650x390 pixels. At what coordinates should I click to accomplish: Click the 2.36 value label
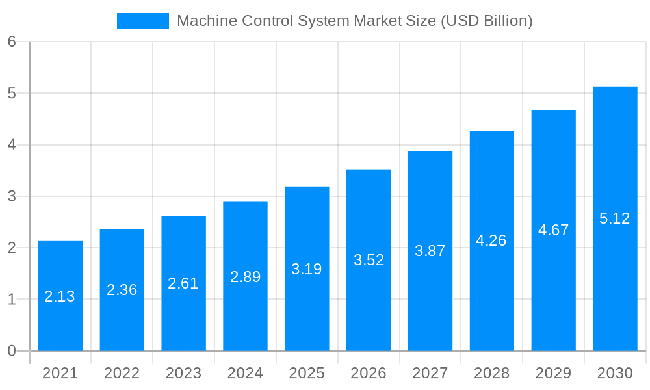pos(122,290)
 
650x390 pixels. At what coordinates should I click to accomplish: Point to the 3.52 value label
pos(369,260)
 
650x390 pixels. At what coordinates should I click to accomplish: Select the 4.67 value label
pos(553,230)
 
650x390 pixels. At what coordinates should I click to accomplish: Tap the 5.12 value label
pos(615,218)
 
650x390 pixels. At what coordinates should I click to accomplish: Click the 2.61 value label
pos(183,283)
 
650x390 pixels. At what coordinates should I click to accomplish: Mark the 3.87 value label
pos(430,251)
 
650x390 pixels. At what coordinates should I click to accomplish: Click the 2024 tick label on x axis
pos(245,373)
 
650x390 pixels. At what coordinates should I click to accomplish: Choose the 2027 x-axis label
pos(430,373)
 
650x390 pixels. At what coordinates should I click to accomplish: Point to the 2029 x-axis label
pos(553,373)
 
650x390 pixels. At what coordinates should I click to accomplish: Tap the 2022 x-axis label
pos(122,373)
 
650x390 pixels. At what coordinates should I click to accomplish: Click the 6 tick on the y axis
pos(12,42)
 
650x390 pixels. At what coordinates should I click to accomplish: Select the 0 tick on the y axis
pos(12,351)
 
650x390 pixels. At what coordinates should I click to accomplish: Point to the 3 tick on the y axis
pos(12,196)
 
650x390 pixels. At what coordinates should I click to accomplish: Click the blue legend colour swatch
pos(142,21)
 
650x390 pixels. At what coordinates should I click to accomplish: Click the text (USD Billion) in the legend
pos(486,21)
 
